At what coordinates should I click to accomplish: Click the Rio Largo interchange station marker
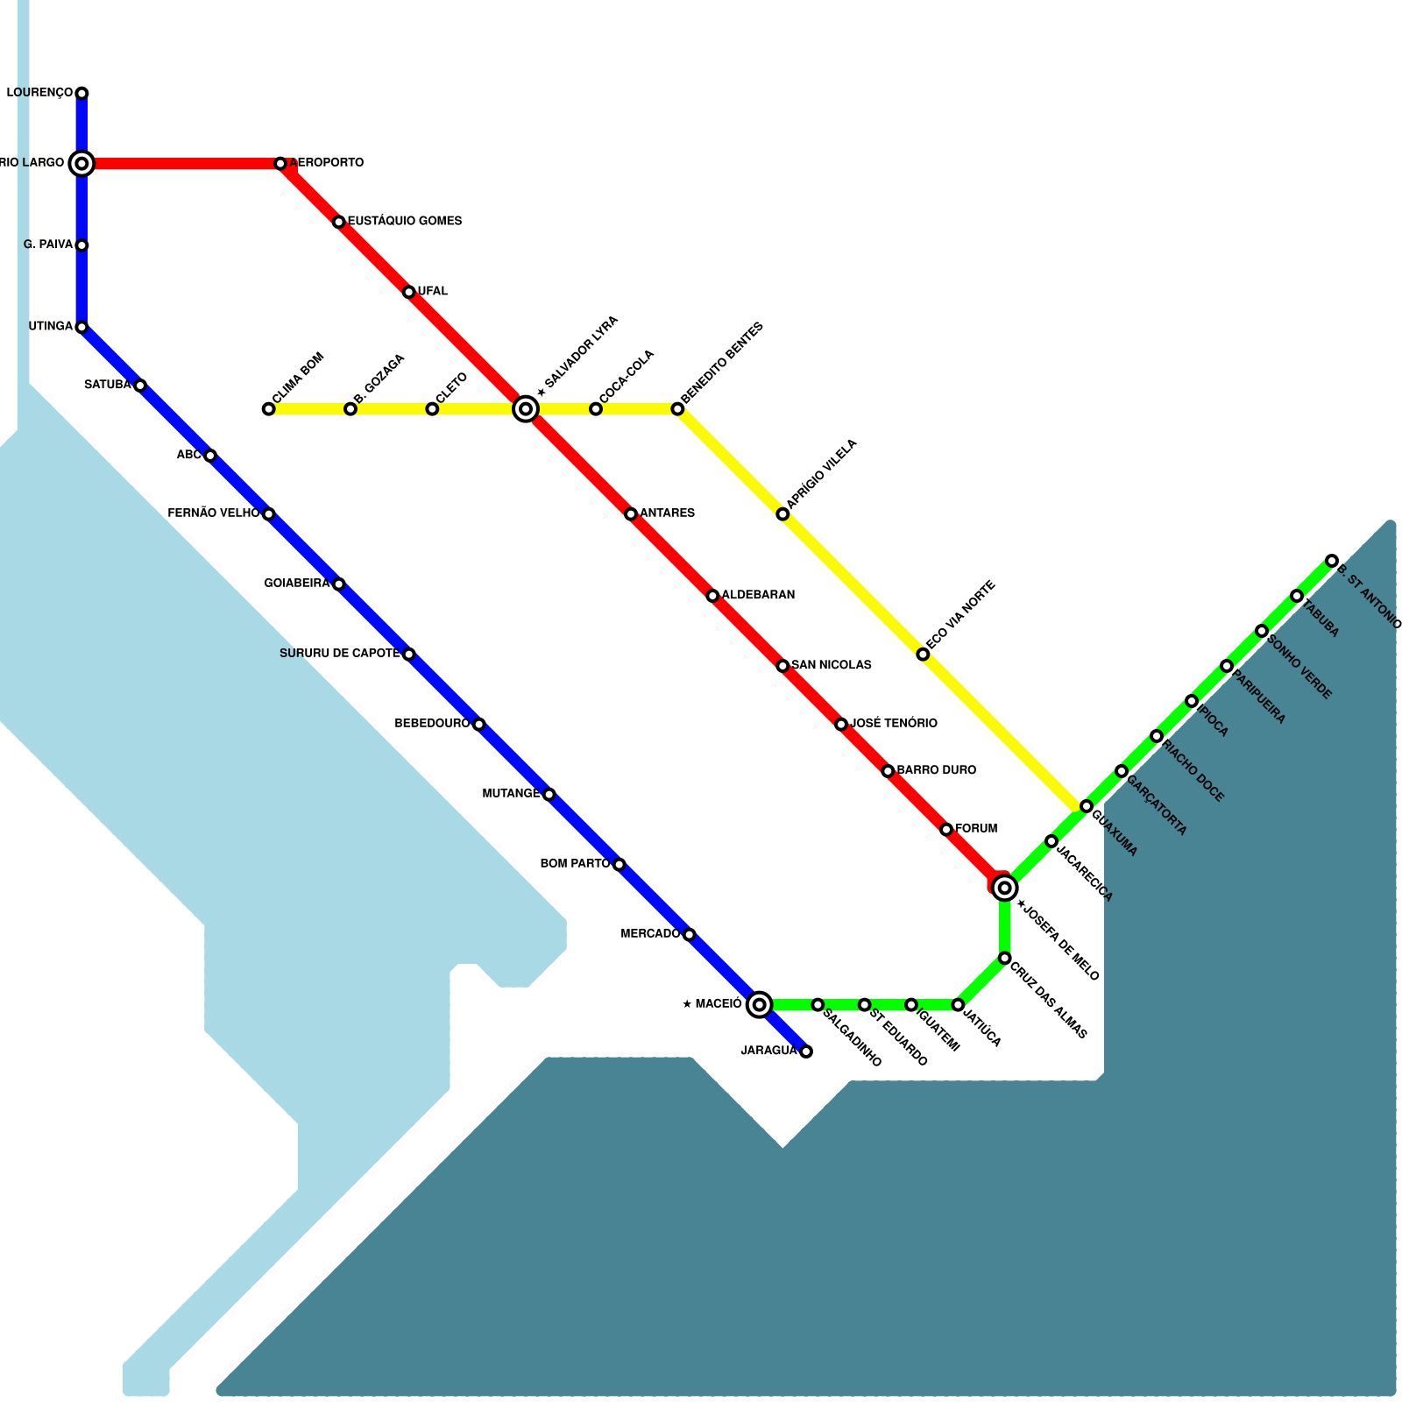[81, 163]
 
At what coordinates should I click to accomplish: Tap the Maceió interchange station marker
[760, 1004]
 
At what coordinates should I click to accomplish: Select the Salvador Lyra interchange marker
[526, 408]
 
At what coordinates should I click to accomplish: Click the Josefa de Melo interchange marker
[1005, 889]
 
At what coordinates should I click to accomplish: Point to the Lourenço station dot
[81, 93]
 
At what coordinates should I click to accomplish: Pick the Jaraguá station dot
[806, 1051]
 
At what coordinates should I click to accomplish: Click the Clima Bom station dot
[268, 409]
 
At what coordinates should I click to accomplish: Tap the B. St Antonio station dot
[1332, 561]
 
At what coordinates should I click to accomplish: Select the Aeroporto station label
[326, 163]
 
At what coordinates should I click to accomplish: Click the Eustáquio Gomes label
[404, 221]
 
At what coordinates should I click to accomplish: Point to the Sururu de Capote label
[340, 654]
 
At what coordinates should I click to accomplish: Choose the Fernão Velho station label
[213, 513]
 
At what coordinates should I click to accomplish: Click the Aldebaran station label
[758, 595]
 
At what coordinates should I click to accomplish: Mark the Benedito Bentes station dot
[677, 409]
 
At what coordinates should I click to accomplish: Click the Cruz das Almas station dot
[1005, 958]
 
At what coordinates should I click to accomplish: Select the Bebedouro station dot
[478, 724]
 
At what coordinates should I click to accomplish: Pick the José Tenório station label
[894, 724]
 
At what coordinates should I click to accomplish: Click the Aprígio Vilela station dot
[782, 514]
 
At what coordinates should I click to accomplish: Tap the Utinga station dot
[81, 328]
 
